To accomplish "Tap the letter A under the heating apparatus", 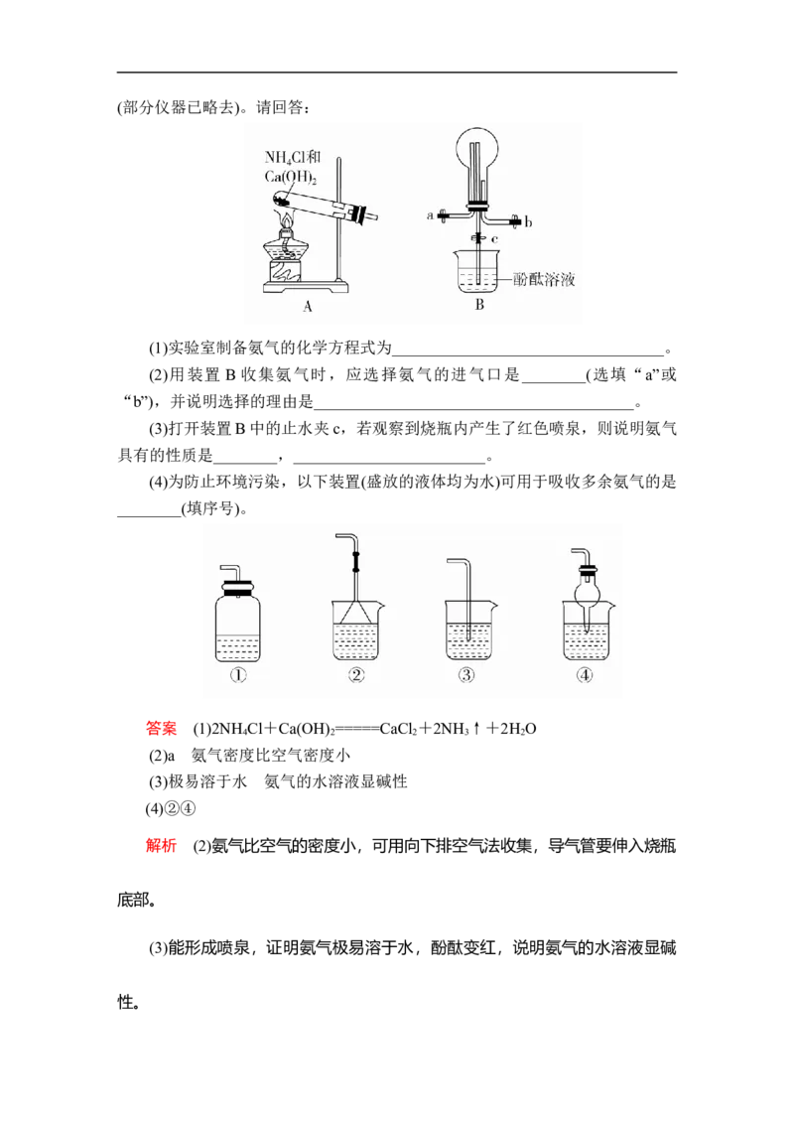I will (308, 307).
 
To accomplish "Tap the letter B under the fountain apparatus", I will (479, 305).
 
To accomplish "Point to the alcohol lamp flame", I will (288, 219).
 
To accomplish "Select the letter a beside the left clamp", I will (430, 214).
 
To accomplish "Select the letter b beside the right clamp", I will (529, 223).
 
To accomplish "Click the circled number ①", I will (238, 676).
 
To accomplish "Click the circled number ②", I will (356, 676).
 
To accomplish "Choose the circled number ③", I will (467, 676).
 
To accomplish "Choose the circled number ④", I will (586, 676).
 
